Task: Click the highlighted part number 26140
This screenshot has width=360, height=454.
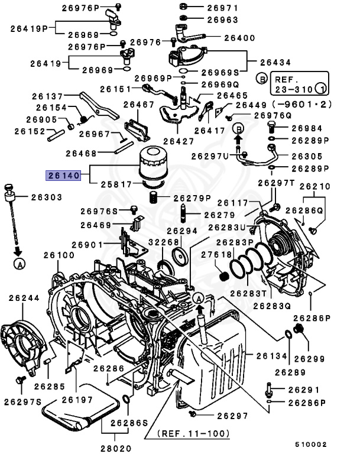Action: pos(62,176)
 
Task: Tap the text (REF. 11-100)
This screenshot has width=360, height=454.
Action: pos(193,434)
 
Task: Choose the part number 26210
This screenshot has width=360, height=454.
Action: pos(315,187)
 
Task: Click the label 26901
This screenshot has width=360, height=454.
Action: pos(88,245)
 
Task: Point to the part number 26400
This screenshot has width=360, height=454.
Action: pos(223,38)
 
